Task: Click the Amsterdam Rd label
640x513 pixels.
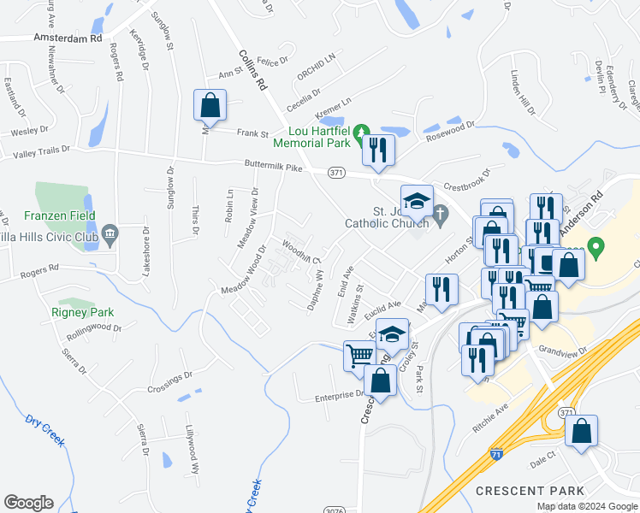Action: pos(68,38)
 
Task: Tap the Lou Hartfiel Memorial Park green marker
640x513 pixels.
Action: pos(361,131)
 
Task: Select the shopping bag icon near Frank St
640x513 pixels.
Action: pos(210,106)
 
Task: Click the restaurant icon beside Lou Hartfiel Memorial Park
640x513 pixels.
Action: pos(377,150)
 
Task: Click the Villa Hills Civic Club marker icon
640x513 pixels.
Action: pos(110,233)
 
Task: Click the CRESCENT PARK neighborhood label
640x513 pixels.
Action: pos(530,491)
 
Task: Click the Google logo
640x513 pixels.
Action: pos(29,503)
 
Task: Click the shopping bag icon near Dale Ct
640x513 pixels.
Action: pos(581,432)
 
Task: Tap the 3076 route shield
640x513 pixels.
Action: pos(335,510)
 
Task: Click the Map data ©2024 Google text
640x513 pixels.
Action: pos(586,506)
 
